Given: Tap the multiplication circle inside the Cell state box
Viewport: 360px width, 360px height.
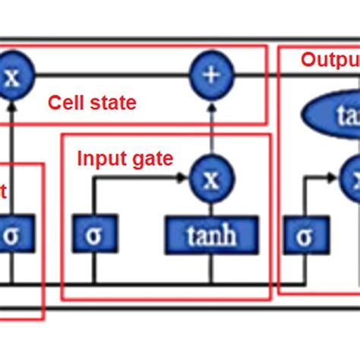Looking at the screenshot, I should click(x=11, y=77).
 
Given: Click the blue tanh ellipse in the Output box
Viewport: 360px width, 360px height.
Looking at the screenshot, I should click(x=334, y=118).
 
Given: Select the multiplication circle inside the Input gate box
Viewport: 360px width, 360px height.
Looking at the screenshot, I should click(x=211, y=179).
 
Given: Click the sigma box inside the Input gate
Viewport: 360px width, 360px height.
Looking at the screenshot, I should click(x=93, y=235).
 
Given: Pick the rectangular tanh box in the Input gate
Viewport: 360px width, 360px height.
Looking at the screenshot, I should click(x=211, y=235).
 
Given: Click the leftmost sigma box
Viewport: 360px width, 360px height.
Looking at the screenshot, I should click(x=11, y=235).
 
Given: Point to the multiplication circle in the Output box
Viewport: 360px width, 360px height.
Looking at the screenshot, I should click(x=352, y=179).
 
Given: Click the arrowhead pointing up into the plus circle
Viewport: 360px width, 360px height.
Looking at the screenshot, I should click(x=211, y=103).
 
